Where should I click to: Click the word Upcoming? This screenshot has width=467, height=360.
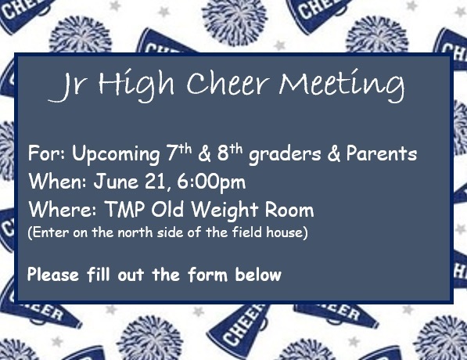pyautogui.click(x=116, y=155)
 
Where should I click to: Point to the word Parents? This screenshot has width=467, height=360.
pyautogui.click(x=382, y=153)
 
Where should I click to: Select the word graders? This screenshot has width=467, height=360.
pyautogui.click(x=285, y=155)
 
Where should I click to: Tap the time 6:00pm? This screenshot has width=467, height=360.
pyautogui.click(x=211, y=182)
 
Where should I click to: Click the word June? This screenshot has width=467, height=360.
pyautogui.click(x=116, y=182)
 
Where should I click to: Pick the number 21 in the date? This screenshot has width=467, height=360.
pyautogui.click(x=155, y=182)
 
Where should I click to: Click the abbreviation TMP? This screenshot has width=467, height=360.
pyautogui.click(x=124, y=209)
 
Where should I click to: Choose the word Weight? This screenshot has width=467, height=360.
pyautogui.click(x=225, y=211)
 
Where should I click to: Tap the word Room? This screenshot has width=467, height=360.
pyautogui.click(x=289, y=209)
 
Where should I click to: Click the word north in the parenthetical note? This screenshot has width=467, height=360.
pyautogui.click(x=135, y=232)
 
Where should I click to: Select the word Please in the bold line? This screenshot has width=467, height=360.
pyautogui.click(x=53, y=275)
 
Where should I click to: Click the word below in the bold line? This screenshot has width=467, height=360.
pyautogui.click(x=258, y=275)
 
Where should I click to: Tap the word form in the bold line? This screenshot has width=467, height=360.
pyautogui.click(x=207, y=275)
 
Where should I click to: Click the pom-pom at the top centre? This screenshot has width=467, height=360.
pyautogui.click(x=234, y=21)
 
